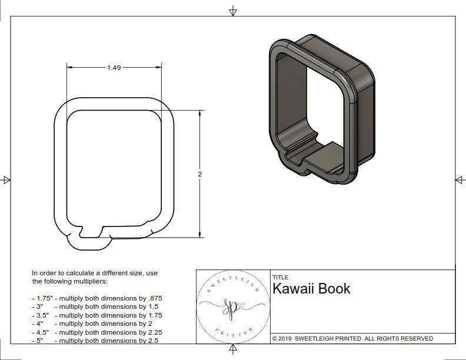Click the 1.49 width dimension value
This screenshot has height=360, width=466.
pyautogui.click(x=114, y=68)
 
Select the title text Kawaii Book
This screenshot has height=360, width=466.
pyautogui.click(x=311, y=289)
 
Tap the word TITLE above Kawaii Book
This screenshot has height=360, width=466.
pyautogui.click(x=280, y=278)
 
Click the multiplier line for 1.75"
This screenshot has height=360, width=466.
pyautogui.click(x=97, y=298)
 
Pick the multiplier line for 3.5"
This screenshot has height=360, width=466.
pyautogui.click(x=97, y=315)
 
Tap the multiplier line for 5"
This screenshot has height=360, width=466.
pyautogui.click(x=97, y=340)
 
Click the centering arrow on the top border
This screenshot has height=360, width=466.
pyautogui.click(x=233, y=11)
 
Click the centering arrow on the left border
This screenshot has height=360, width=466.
pyautogui.click(x=6, y=180)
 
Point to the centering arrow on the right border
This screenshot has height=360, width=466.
pyautogui.click(x=460, y=180)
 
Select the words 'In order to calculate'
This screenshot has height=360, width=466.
pyautogui.click(x=64, y=273)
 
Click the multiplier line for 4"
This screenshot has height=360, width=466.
pyautogui.click(x=97, y=324)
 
